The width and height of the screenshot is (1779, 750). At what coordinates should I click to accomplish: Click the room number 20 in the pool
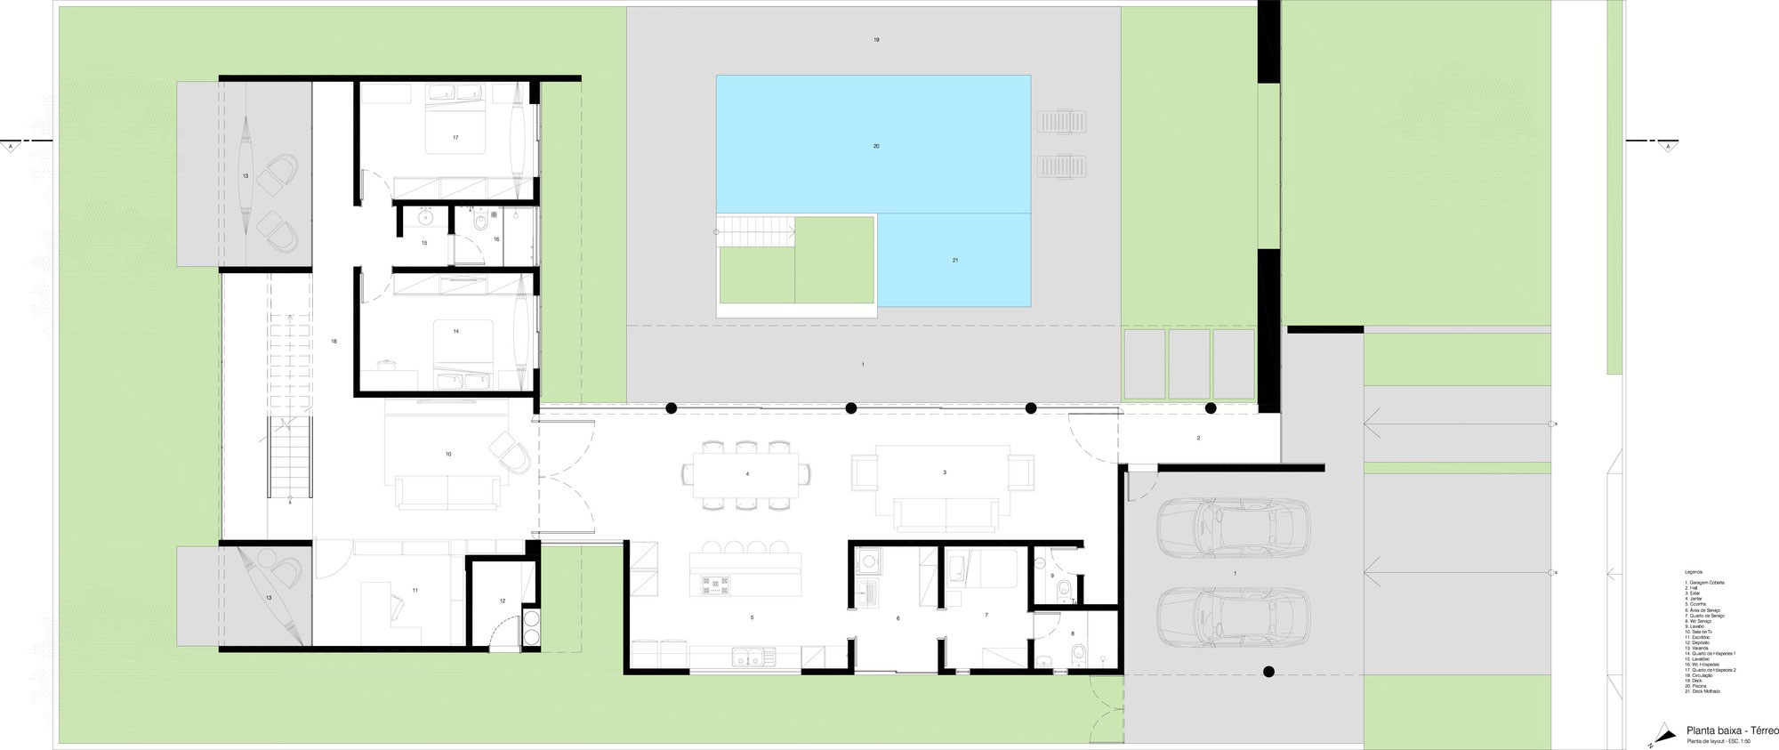coord(876,146)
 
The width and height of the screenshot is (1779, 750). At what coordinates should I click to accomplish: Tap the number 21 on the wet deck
coord(954,260)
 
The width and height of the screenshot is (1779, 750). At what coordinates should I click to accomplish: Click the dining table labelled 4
coord(747,475)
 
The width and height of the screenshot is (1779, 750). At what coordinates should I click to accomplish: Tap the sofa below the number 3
coord(946,514)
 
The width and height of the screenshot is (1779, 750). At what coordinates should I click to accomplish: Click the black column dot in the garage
coord(1268,672)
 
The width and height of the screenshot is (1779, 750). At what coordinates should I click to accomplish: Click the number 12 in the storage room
coord(502,601)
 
